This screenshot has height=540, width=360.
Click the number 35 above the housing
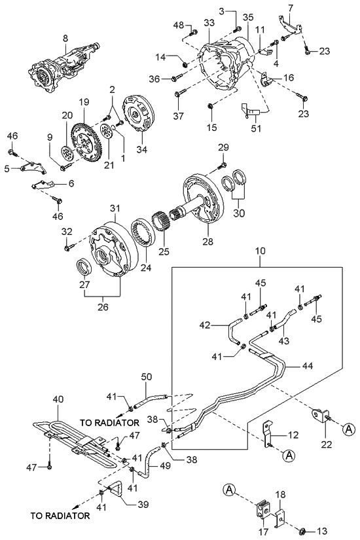point(247,17)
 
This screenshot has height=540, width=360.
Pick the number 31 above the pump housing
point(115,208)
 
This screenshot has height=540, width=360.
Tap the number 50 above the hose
point(146,378)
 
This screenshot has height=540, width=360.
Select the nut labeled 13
point(305,530)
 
